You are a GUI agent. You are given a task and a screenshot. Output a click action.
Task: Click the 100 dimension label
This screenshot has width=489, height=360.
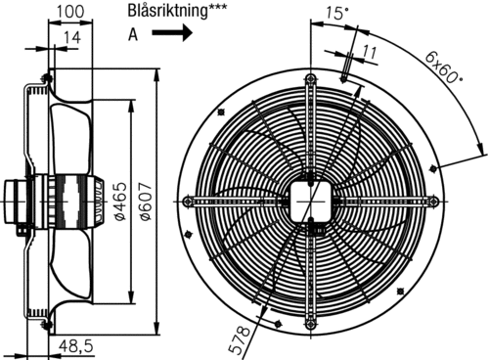click(70, 12)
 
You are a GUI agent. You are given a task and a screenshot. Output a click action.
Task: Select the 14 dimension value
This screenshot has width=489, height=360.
click(71, 37)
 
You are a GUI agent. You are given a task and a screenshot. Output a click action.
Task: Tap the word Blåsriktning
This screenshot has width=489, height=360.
click(167, 10)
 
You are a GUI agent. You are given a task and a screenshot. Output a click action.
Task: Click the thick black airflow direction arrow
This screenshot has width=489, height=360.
click(172, 32)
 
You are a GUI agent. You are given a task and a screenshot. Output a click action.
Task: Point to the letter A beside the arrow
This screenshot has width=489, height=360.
click(133, 34)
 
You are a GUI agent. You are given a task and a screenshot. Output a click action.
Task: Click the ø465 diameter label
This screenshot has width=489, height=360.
click(120, 202)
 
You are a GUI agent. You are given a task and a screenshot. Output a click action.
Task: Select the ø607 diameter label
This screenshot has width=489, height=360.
click(147, 202)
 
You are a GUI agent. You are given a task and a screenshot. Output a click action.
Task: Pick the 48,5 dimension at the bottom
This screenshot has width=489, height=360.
click(76, 345)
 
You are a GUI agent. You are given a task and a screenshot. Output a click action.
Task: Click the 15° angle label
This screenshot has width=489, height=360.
click(337, 13)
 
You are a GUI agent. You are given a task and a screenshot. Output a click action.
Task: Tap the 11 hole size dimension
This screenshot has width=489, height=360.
click(370, 52)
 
